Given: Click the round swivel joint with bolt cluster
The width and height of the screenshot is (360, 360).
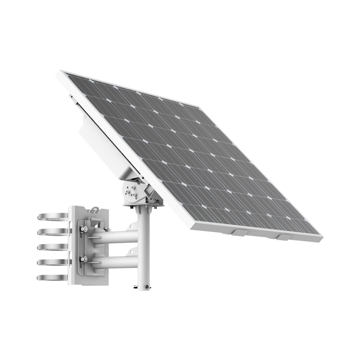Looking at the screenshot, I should (x=130, y=191).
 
